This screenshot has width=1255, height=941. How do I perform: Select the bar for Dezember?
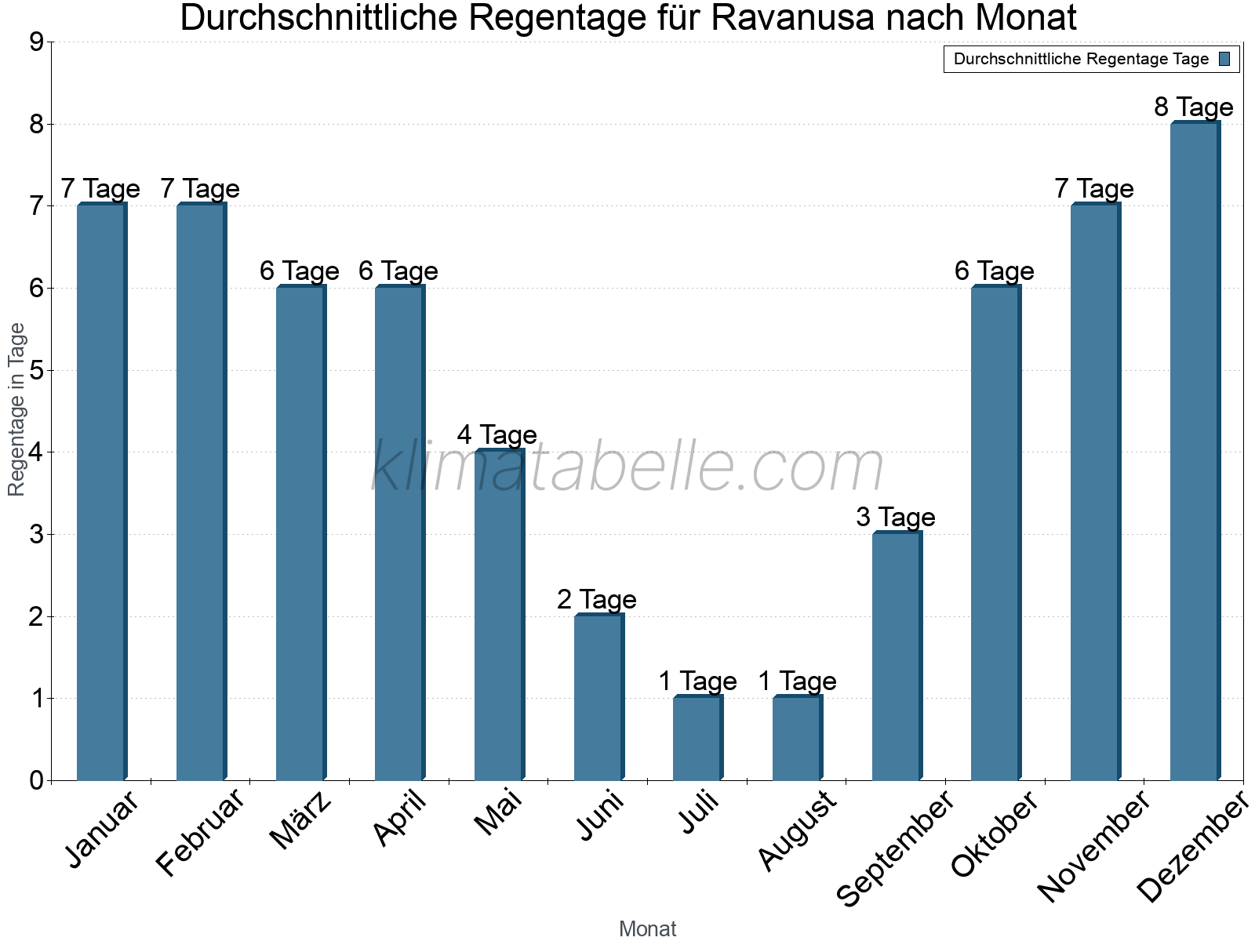tap(1194, 451)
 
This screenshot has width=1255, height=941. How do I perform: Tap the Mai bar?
tap(498, 616)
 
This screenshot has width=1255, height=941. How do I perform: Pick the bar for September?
tap(896, 656)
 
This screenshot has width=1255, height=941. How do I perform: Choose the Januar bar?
tap(100, 492)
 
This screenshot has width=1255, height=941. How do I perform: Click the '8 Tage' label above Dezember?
tap(1194, 107)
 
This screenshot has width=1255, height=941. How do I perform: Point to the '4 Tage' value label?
tap(497, 434)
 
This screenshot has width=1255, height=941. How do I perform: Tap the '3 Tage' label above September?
tap(896, 517)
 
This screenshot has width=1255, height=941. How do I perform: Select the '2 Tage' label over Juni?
tap(597, 599)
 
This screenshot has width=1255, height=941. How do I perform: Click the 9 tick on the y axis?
tap(36, 42)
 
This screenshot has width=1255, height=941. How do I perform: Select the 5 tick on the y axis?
tap(36, 370)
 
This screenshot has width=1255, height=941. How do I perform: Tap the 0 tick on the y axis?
tap(36, 780)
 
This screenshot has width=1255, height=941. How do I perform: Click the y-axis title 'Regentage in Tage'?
tap(16, 409)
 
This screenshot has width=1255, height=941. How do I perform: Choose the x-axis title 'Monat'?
tap(647, 928)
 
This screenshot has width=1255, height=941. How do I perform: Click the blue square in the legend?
tap(1225, 59)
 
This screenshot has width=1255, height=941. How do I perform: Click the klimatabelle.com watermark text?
tap(627, 467)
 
